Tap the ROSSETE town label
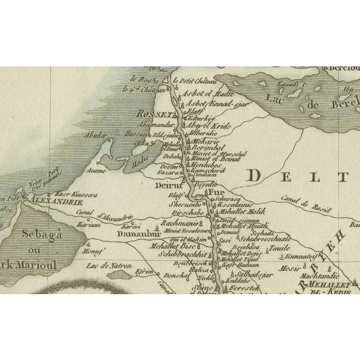pos(149,115)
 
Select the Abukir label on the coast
pos(94,136)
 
